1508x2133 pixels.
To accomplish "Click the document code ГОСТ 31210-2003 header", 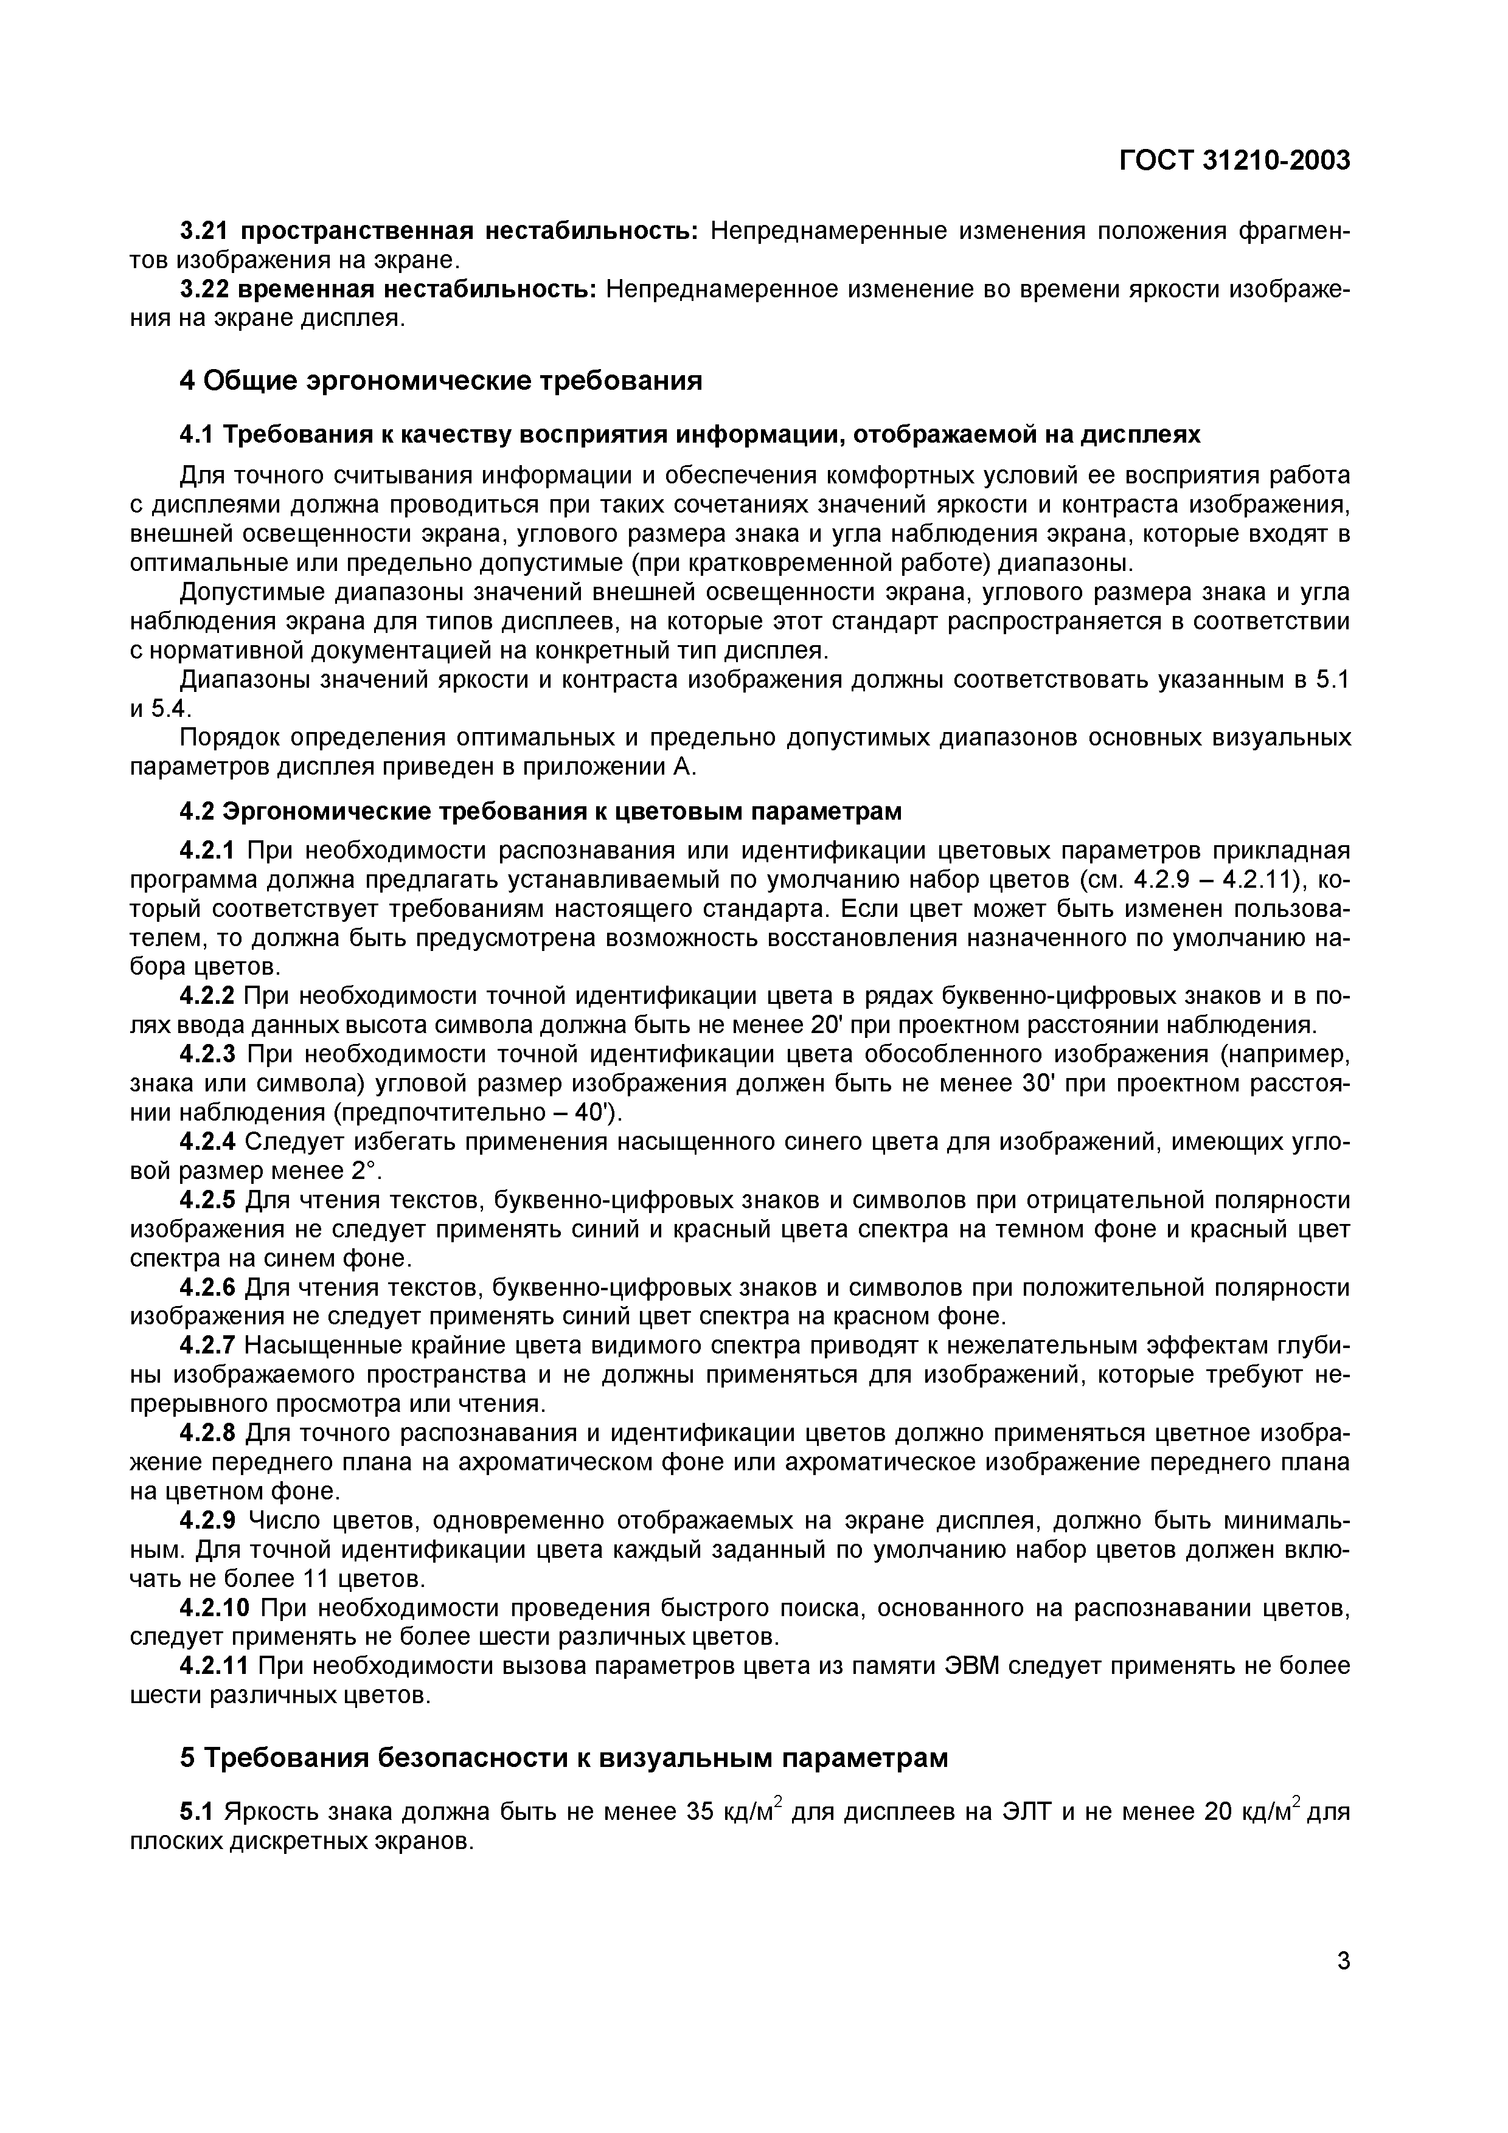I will (1233, 161).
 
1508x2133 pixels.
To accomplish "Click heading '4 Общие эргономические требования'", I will (440, 380).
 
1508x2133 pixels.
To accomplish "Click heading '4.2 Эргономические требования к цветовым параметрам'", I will (540, 811).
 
